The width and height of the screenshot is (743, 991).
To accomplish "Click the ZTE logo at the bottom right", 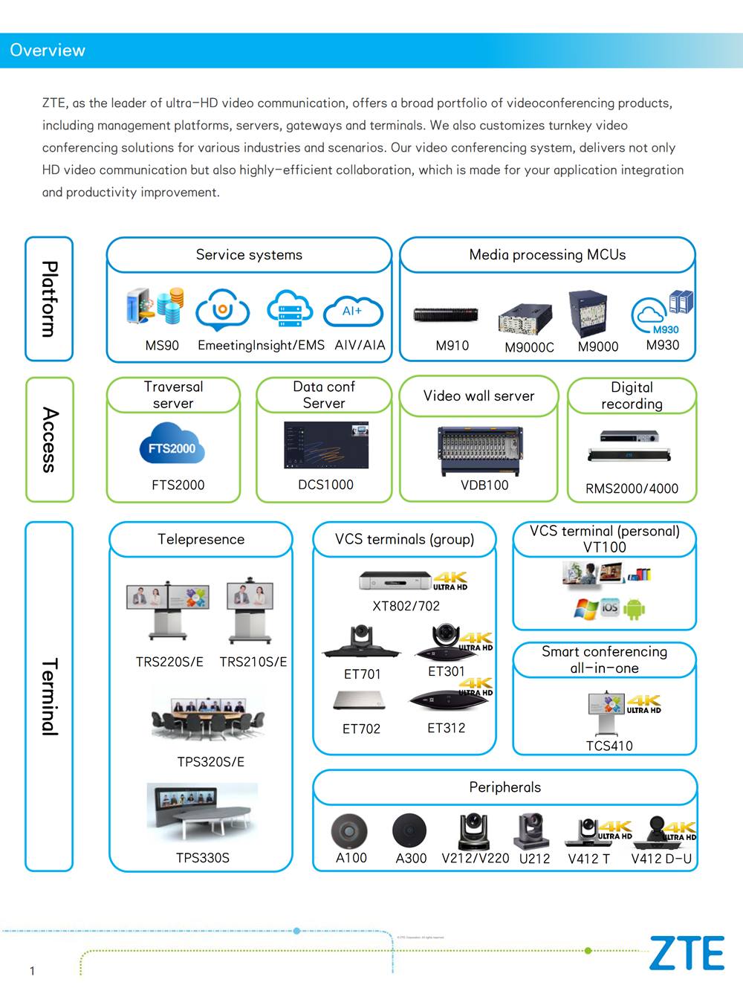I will coord(687,953).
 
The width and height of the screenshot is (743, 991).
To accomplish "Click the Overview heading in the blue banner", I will coord(48,51).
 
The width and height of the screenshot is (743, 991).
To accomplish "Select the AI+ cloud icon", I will coord(353,311).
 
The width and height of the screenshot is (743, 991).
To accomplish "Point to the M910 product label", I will coord(452,346).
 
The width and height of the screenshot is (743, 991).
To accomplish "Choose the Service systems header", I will coord(249,255).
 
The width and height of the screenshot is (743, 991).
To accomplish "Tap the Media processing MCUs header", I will coord(548,255).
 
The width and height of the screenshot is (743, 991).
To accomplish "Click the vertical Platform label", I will coord(49,299).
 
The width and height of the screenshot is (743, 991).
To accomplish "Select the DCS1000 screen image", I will coord(326,445).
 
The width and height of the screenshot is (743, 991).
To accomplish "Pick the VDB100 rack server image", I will coord(480,450).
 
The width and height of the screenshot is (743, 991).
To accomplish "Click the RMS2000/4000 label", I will coord(632,488).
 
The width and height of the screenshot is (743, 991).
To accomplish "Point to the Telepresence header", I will coord(201,539).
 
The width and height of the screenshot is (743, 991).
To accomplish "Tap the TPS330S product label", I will coord(203,858).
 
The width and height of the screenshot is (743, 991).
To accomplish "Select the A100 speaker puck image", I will coord(349,831).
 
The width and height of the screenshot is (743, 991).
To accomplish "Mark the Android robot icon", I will coord(634,610).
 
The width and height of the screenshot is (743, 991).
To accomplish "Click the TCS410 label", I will coord(609,746).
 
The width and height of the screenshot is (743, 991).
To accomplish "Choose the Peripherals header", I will coord(505,787).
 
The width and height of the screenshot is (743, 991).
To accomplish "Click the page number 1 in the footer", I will coord(32,971).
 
